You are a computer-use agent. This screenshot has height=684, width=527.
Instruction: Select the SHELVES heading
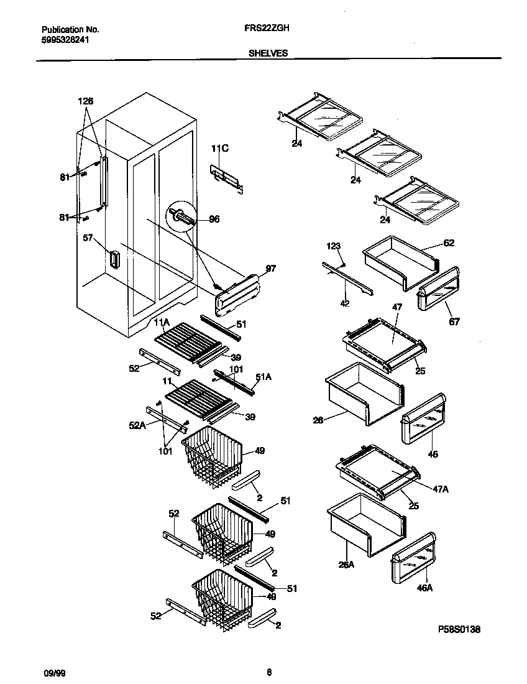coord(268,53)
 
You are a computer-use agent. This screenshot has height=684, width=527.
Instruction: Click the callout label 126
coord(86,101)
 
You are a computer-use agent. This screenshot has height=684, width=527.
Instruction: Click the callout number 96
coord(214,220)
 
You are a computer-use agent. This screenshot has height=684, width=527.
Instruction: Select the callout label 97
coord(270,268)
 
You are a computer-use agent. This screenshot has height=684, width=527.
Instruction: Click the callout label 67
coord(454,321)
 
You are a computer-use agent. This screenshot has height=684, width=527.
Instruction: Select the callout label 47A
coord(440,489)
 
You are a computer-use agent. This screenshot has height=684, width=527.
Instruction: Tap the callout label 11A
coord(162,322)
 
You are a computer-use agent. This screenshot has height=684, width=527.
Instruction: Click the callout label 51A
coord(263,377)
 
